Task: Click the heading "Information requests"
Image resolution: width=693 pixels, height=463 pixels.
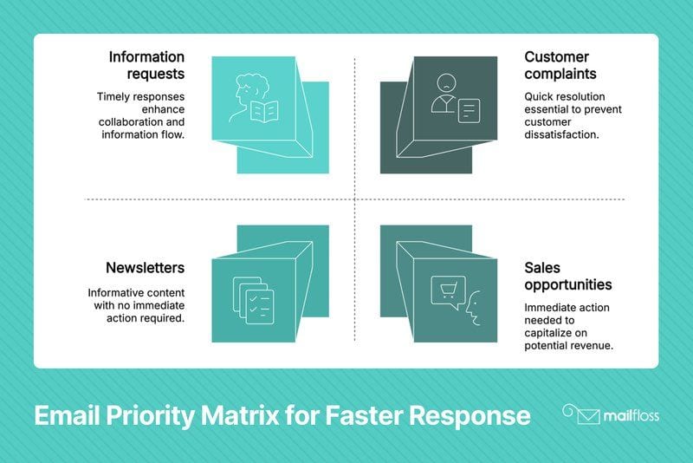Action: pyautogui.click(x=146, y=65)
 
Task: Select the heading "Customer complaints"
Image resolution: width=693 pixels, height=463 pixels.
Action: pyautogui.click(x=560, y=65)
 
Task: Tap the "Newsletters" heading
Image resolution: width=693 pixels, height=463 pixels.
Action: pyautogui.click(x=145, y=268)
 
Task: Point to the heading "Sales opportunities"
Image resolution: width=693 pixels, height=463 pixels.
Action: pyautogui.click(x=568, y=276)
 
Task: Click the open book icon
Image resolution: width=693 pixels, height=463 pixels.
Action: pyautogui.click(x=264, y=112)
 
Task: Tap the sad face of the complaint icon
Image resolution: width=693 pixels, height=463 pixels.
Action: pyautogui.click(x=446, y=82)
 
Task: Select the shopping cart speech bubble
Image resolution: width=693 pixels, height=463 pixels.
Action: pyautogui.click(x=448, y=291)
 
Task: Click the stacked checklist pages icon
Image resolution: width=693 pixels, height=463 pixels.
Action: pyautogui.click(x=253, y=300)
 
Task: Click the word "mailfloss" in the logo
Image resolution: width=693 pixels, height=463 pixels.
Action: pyautogui.click(x=631, y=416)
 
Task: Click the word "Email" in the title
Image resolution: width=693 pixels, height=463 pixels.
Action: pyautogui.click(x=67, y=415)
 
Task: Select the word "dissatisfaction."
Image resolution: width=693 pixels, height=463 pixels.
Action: pyautogui.click(x=561, y=134)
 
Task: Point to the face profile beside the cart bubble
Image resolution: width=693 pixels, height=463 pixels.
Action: pyautogui.click(x=473, y=308)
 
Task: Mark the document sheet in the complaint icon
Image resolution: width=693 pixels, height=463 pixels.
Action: pyautogui.click(x=469, y=111)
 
